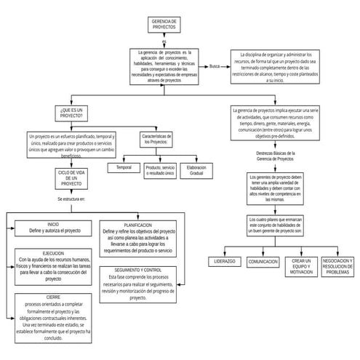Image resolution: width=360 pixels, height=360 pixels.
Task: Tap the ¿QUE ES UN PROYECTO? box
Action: [x=73, y=112]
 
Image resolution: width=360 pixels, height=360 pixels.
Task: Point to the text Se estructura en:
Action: [x=72, y=199]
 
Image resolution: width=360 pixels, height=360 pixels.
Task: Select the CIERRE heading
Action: [x=53, y=297]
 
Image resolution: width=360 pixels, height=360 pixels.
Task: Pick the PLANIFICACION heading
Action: [x=137, y=225]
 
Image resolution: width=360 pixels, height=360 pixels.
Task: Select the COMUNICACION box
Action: [x=263, y=261]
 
